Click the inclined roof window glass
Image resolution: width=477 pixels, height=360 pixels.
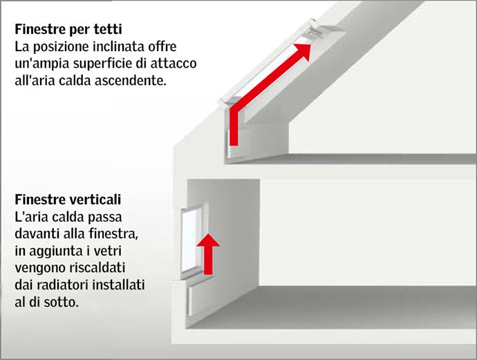coord(266,76)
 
